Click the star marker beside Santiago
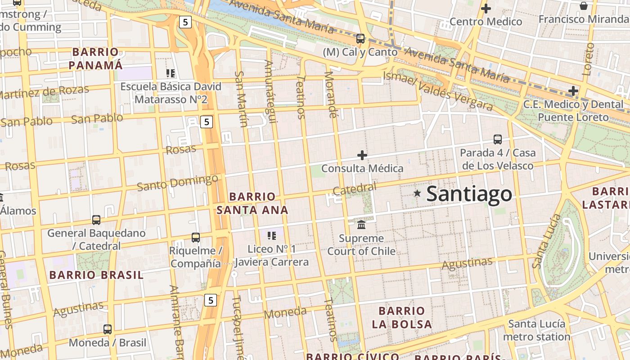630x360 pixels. coord(418,193)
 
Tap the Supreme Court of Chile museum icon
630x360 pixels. coord(361,224)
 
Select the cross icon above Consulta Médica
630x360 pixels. coord(362,155)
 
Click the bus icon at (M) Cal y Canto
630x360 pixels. coord(360,38)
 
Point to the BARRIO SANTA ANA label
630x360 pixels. coord(252,203)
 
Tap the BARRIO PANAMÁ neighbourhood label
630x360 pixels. coord(95,58)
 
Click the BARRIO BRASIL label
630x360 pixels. coord(96,275)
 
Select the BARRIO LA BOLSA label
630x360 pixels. coord(402,317)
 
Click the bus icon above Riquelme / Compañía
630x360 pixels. coord(195,237)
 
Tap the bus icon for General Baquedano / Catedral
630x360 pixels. coord(96,220)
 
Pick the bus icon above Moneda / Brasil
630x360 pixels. coord(107,329)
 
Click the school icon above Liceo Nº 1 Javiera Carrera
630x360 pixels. coord(271,235)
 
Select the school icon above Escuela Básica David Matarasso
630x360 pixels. coord(170,73)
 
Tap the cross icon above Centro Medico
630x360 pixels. coord(486,8)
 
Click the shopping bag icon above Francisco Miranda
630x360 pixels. coord(583,6)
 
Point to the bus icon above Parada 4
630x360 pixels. coord(498,139)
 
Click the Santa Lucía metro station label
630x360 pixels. coord(536,330)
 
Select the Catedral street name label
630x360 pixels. coord(355,189)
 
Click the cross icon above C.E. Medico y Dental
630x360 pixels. coord(573,91)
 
